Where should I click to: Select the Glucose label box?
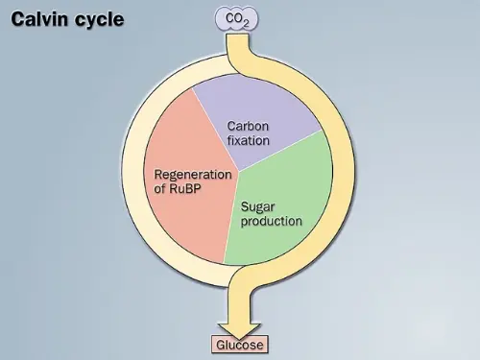tap(238, 345)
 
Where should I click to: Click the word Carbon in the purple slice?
tap(249, 126)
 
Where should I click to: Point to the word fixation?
tap(248, 140)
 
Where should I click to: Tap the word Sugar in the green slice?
tap(258, 206)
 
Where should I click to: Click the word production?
tap(272, 221)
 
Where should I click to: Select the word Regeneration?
tap(194, 175)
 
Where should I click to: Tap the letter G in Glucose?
tap(221, 345)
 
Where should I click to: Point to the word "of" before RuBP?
tap(161, 189)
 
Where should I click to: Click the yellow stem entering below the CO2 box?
tap(237, 42)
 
